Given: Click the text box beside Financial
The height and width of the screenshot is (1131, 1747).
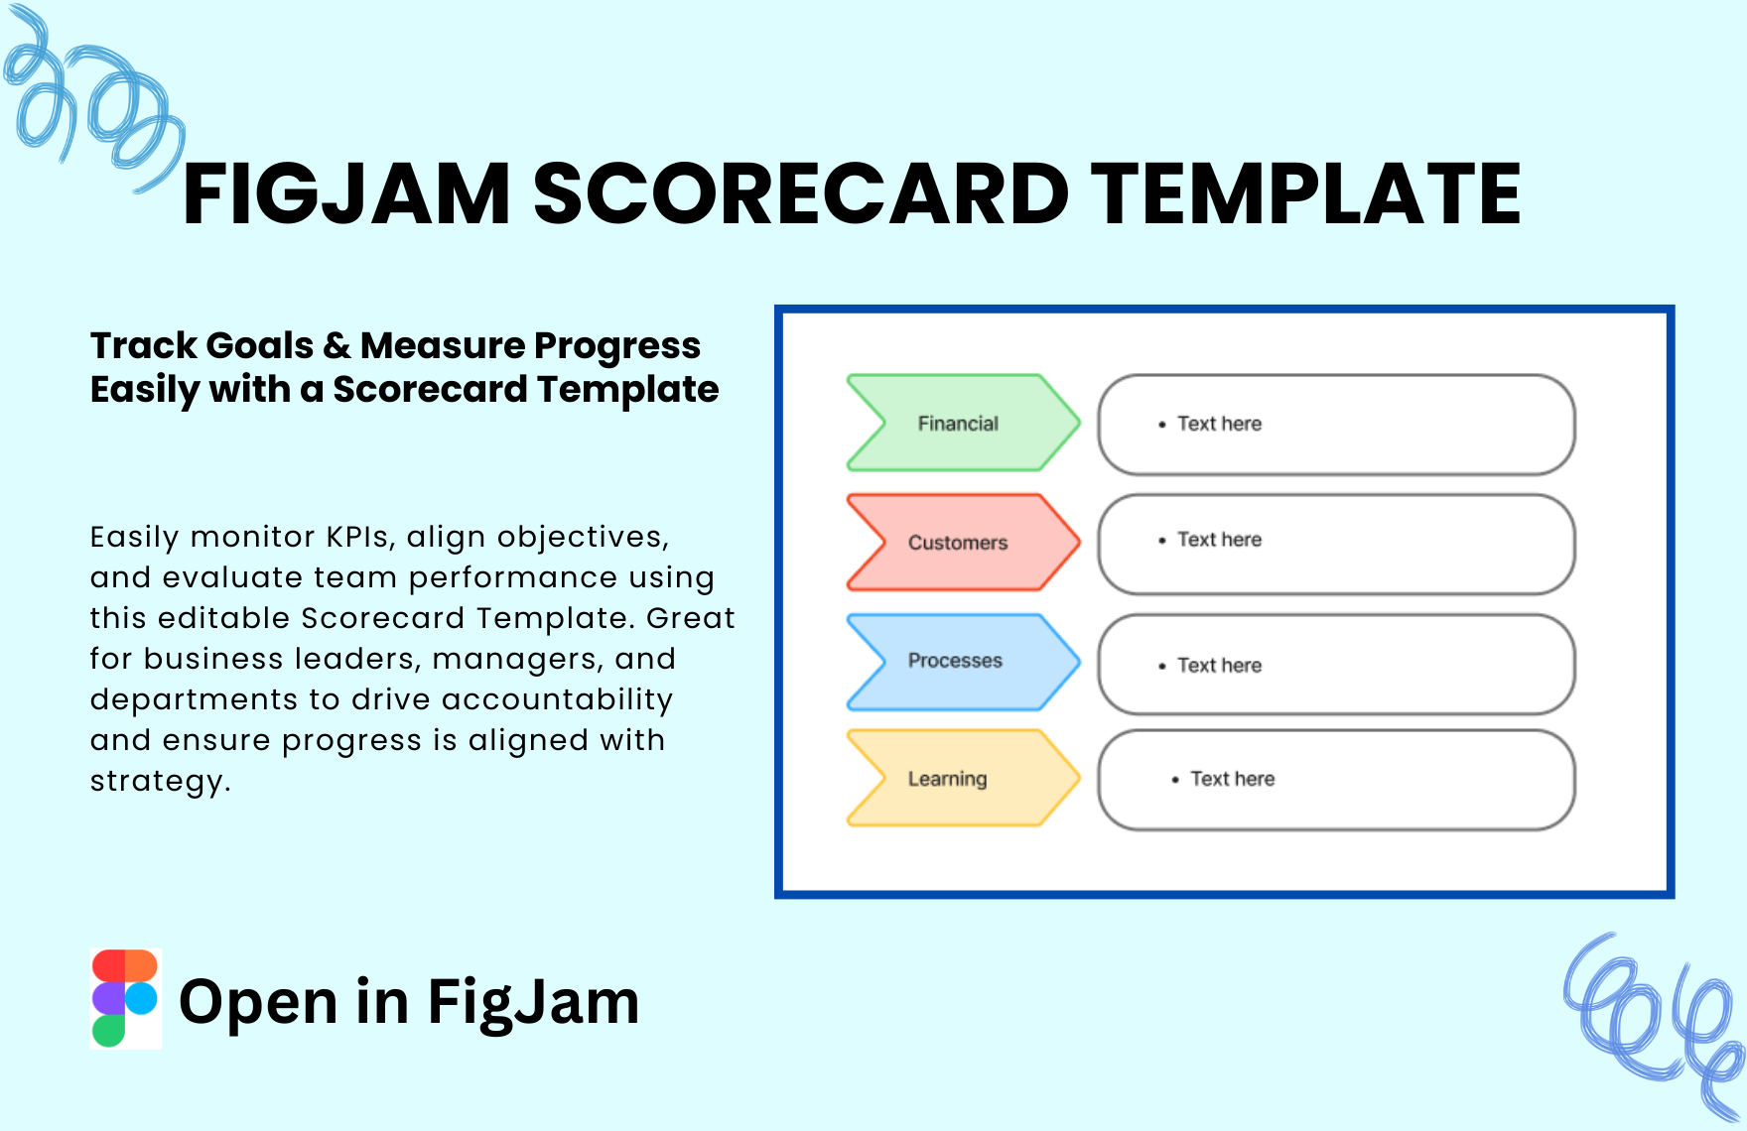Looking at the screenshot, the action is [x=1336, y=424].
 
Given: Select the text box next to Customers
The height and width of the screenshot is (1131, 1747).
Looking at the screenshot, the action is [x=1336, y=544].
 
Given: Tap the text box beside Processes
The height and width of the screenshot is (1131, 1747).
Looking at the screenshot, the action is [x=1336, y=664].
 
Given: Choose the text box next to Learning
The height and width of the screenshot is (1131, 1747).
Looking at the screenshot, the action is [x=1336, y=780].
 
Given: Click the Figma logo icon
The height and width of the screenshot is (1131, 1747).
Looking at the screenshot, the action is [x=125, y=998].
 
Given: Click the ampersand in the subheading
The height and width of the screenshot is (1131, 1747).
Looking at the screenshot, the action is [x=337, y=345].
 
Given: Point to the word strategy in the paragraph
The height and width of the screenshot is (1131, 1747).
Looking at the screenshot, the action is [x=160, y=782].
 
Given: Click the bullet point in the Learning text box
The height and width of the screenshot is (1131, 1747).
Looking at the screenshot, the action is [x=1175, y=780].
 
